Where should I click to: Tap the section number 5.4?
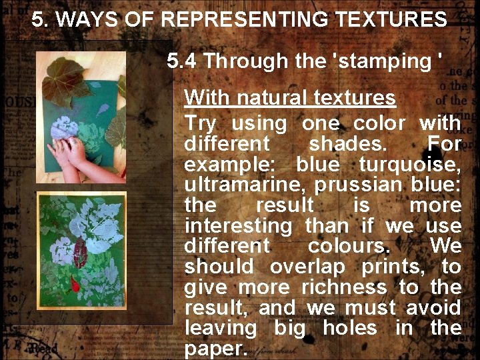[x=182, y=61]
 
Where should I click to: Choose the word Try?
[x=200, y=123]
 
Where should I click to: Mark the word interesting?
[x=238, y=226]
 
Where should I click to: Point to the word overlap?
[x=307, y=267]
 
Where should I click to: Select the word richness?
[x=343, y=287]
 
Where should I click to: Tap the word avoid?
[x=436, y=308]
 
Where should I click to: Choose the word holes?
[x=349, y=328]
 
